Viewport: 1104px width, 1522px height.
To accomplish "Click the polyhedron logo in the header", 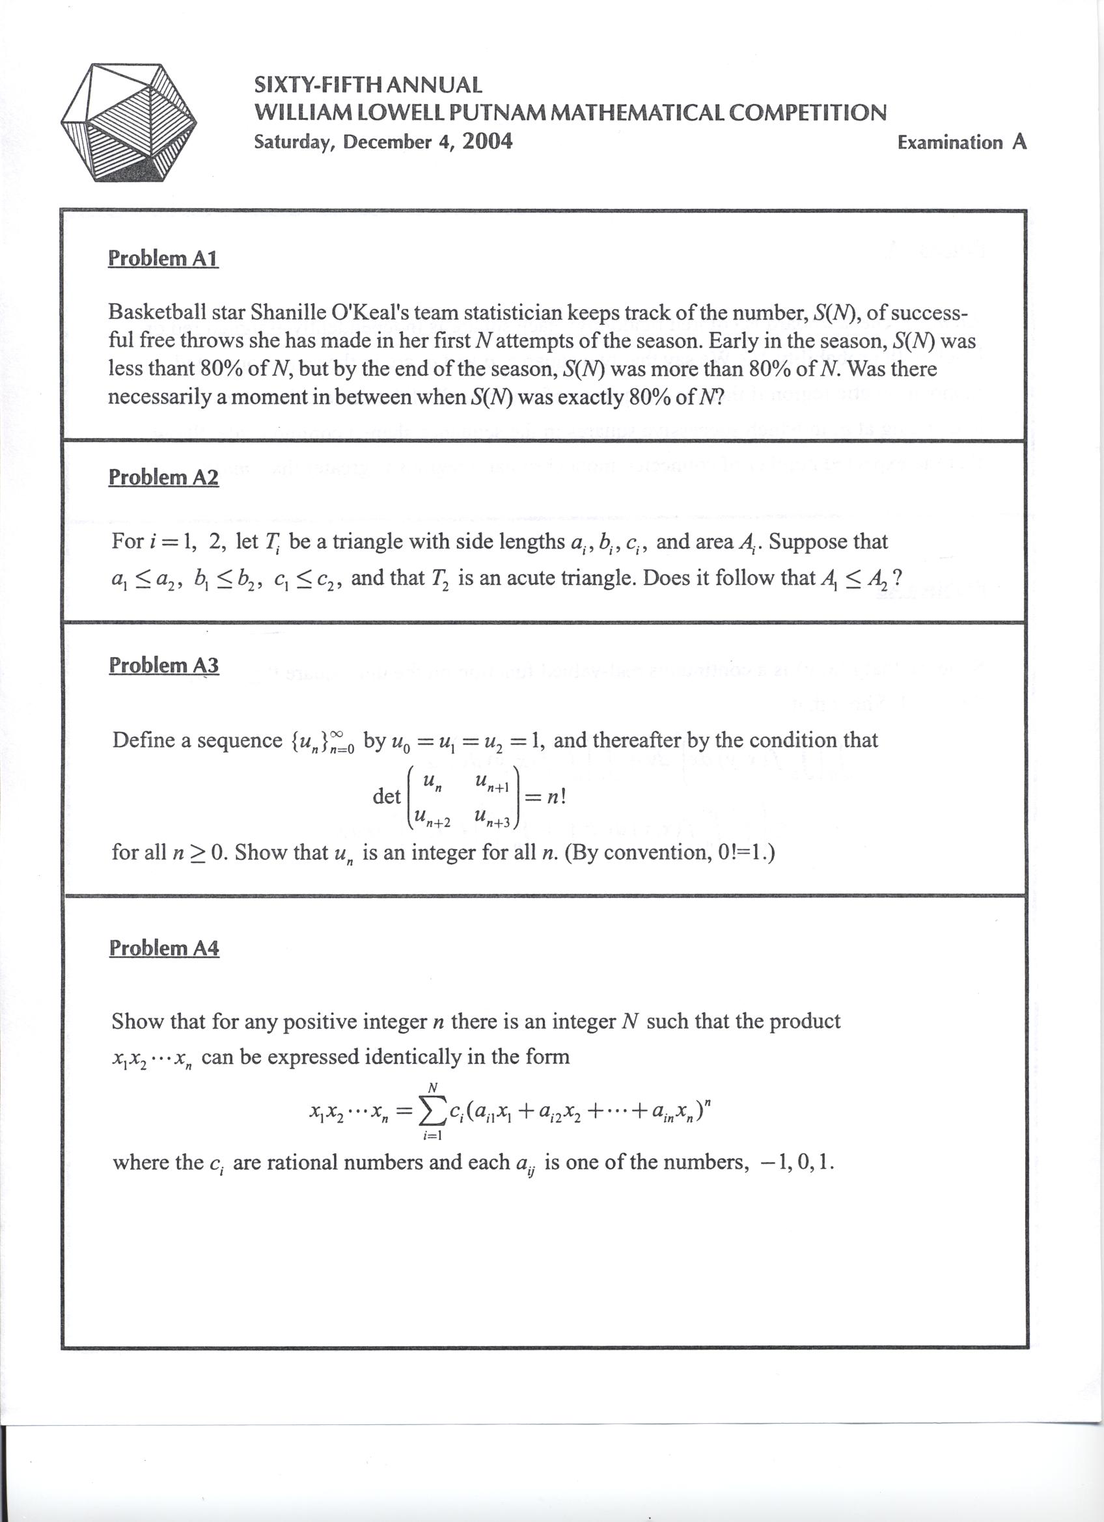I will (129, 122).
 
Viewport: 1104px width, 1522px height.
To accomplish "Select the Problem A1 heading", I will (163, 258).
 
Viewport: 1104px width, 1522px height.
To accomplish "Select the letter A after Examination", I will (1019, 142).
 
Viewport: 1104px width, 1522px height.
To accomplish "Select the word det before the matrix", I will (387, 796).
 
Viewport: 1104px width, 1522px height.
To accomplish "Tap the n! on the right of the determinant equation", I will (557, 798).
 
